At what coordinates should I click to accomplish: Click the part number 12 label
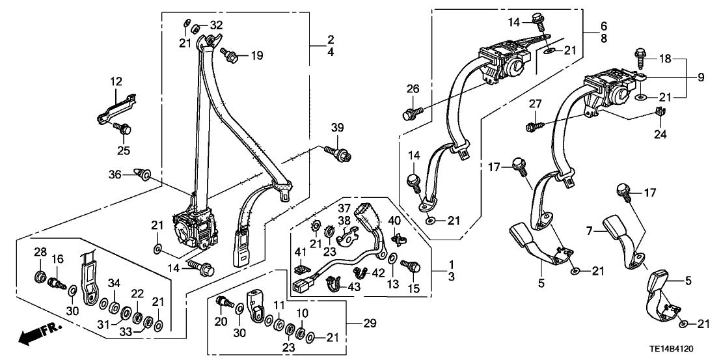[x=116, y=83]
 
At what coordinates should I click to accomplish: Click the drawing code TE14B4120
[x=682, y=349]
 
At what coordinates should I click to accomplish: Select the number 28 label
[x=39, y=252]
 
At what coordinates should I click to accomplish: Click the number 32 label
[x=216, y=26]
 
